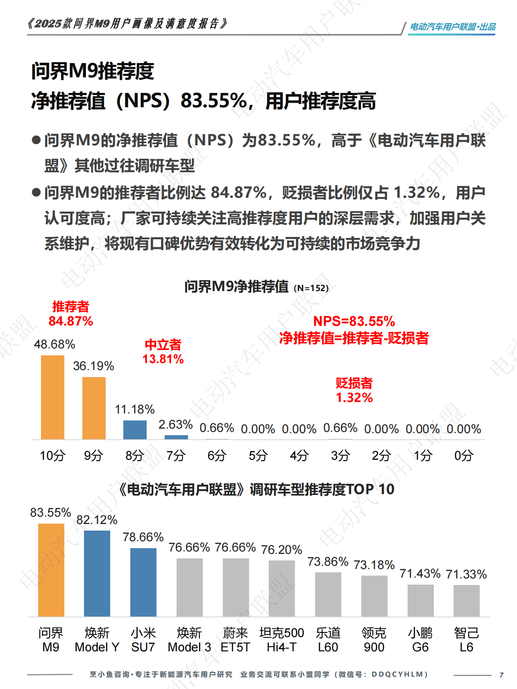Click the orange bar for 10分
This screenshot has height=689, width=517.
point(52,397)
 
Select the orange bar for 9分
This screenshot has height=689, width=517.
point(94,408)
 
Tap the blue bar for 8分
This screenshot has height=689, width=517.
point(135,429)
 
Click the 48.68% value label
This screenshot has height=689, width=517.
point(54,344)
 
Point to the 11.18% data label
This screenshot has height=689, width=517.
point(135,409)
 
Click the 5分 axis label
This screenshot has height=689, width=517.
point(258,455)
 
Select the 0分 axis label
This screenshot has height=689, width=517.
point(464,455)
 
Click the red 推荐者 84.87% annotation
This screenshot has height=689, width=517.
point(71,314)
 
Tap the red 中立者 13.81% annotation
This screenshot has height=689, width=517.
point(163,352)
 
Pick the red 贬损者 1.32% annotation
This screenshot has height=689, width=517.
point(354,391)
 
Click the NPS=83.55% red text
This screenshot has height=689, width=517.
point(354,321)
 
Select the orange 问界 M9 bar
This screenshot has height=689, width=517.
point(51,570)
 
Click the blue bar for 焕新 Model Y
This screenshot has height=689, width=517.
point(97,573)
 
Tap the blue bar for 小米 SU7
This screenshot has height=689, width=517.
point(143,582)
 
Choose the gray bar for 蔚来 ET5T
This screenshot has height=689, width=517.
point(236,587)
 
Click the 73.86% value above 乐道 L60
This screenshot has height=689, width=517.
point(328,562)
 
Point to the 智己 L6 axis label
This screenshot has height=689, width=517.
point(466,640)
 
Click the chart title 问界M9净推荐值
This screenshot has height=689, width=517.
point(236,287)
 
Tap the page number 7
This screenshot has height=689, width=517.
point(501,675)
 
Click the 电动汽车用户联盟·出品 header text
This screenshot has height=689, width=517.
point(453,27)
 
